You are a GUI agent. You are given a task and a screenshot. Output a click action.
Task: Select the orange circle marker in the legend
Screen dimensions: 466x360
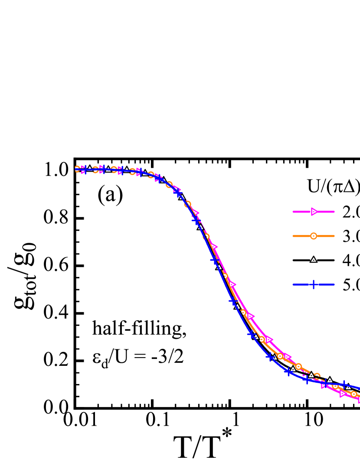(314, 236)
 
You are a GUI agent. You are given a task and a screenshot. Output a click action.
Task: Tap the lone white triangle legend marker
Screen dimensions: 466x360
(314, 260)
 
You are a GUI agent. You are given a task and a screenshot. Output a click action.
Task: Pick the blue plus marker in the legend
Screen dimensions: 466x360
(314, 284)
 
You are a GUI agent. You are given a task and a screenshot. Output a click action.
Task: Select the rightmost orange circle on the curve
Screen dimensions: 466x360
(354, 394)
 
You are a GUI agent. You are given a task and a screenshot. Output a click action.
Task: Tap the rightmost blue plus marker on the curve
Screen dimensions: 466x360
(344, 384)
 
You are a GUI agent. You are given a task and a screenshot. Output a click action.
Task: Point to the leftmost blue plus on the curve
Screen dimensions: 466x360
(84, 170)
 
